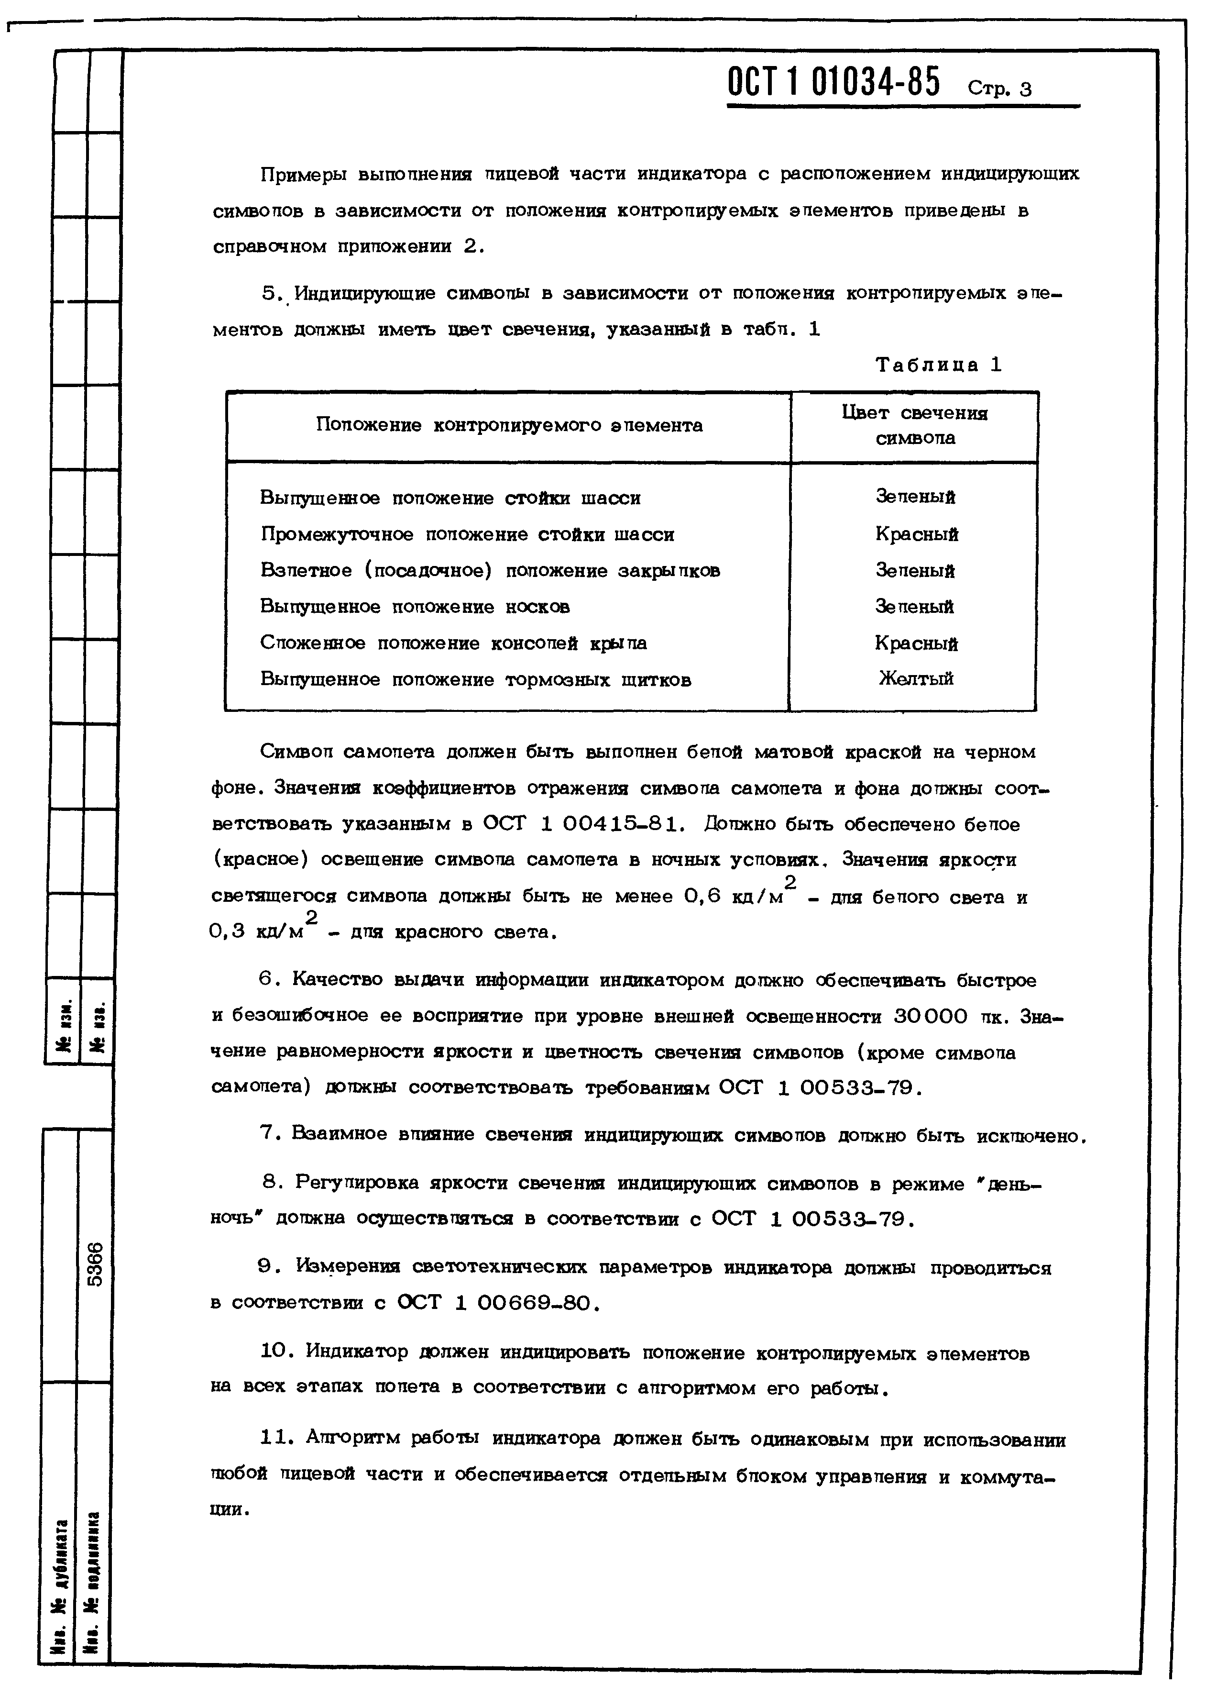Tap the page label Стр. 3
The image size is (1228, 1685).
pyautogui.click(x=1000, y=90)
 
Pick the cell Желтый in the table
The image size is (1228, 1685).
pyautogui.click(x=916, y=678)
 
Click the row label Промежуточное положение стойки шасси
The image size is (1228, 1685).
pyautogui.click(x=468, y=535)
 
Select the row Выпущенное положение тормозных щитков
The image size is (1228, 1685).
pyautogui.click(x=476, y=680)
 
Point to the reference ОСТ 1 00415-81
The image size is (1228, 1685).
pyautogui.click(x=582, y=824)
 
